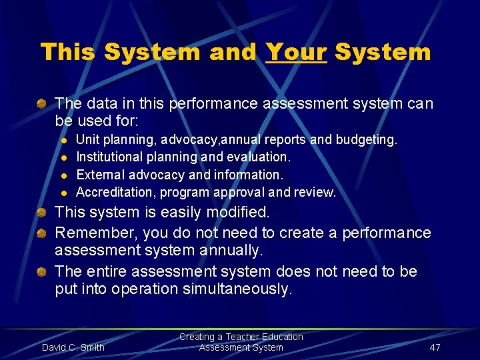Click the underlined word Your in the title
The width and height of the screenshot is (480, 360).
click(x=296, y=52)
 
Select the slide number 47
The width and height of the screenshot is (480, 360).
click(x=435, y=347)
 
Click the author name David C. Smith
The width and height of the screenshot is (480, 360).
click(x=73, y=347)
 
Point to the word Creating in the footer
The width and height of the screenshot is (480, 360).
click(x=197, y=337)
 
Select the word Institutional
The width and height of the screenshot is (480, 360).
click(x=109, y=157)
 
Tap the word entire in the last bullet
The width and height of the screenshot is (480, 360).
click(x=106, y=272)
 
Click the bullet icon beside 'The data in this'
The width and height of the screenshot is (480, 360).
click(x=42, y=104)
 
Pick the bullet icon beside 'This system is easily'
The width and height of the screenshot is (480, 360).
click(x=42, y=213)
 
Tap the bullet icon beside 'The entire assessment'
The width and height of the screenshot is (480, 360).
click(x=42, y=272)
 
